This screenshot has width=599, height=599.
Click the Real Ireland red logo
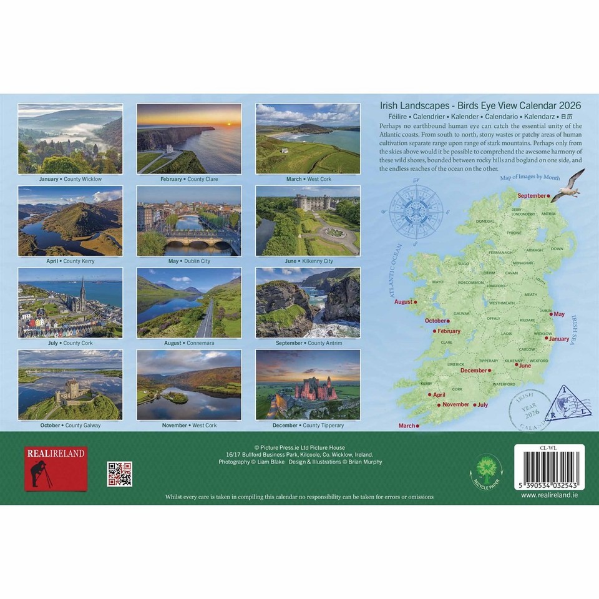pos(56,469)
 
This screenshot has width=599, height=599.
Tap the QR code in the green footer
pos(119,474)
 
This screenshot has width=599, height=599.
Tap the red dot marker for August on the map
pos(416,302)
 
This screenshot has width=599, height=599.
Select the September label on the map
pos(531,195)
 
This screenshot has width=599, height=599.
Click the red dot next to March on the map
pos(417,426)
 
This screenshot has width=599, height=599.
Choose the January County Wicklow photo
pos(71,139)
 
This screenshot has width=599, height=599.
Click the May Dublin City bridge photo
pos(189,220)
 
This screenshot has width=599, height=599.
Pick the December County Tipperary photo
pos(308,384)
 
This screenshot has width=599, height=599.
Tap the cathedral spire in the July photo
pos(82,293)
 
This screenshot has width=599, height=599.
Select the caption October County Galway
pos(70,426)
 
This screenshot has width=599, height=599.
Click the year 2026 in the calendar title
pos(567,105)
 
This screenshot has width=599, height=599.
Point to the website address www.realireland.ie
pos(548,495)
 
